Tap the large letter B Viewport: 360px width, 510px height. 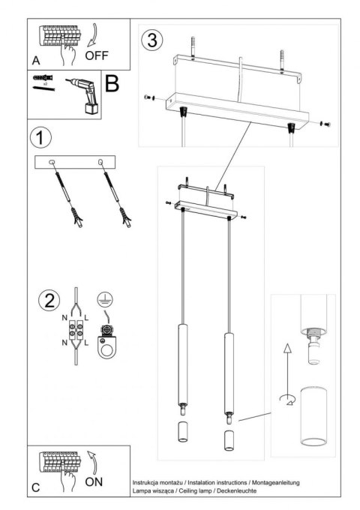112,83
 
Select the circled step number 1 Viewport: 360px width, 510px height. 40,139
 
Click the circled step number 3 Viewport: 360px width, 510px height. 152,40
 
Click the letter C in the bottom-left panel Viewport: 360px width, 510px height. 36,487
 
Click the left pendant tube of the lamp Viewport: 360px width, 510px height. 181,356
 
